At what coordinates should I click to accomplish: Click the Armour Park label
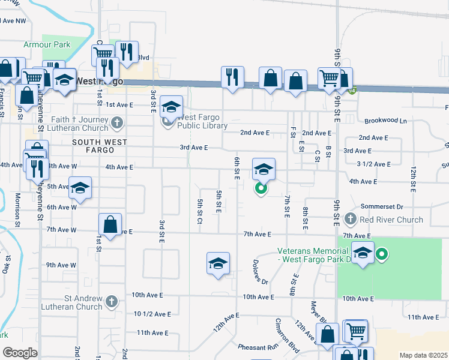pos(47,44)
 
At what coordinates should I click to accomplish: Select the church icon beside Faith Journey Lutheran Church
pos(116,124)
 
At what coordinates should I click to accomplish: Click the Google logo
pos(20,352)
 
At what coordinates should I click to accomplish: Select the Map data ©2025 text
pos(422,355)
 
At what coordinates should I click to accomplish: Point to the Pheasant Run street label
pos(258,347)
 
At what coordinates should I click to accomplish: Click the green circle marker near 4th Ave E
pos(261,189)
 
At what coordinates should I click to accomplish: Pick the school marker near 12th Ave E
pos(218,263)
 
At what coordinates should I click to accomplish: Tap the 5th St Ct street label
pos(199,212)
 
